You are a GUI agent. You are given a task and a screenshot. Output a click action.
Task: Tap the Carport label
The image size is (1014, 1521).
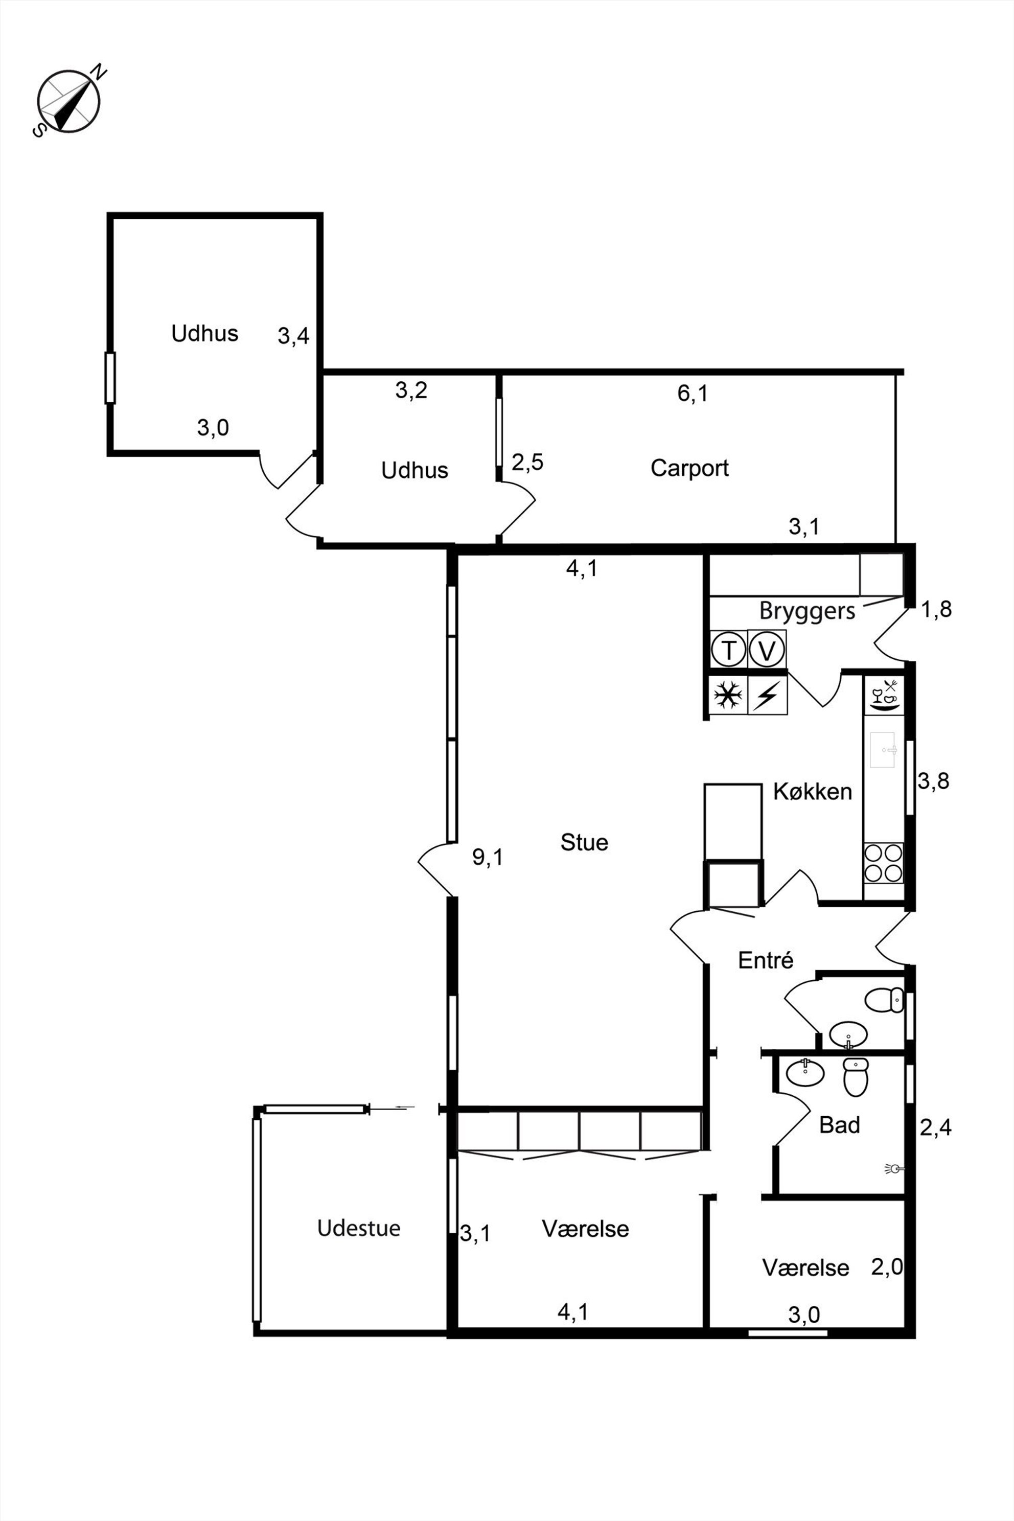[689, 468]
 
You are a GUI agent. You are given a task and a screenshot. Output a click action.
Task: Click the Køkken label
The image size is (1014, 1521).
[812, 792]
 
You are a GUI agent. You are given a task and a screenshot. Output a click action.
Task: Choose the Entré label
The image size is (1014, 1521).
[766, 960]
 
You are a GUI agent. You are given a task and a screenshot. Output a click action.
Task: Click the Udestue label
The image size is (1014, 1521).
[359, 1228]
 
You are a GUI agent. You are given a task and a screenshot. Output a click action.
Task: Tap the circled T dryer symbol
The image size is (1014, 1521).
[729, 649]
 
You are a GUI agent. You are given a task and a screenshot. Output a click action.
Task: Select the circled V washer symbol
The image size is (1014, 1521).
[767, 649]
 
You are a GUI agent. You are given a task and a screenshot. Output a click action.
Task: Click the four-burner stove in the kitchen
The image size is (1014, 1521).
[883, 863]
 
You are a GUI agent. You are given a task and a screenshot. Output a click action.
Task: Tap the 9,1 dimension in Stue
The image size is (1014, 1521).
[488, 858]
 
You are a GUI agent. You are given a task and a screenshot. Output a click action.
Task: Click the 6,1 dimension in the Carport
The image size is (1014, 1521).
[693, 393]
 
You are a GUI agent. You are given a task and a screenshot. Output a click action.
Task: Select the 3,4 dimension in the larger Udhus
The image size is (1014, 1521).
[293, 336]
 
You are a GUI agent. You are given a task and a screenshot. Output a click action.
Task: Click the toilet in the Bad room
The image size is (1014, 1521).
[856, 1077]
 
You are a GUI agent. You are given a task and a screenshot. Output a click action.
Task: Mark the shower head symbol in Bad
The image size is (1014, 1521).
[894, 1168]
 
